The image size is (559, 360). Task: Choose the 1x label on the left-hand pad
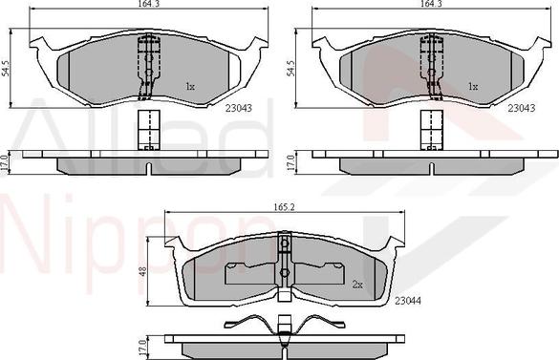point(190,87)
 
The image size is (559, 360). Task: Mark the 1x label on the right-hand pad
point(471,87)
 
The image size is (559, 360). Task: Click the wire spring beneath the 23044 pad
point(284,322)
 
